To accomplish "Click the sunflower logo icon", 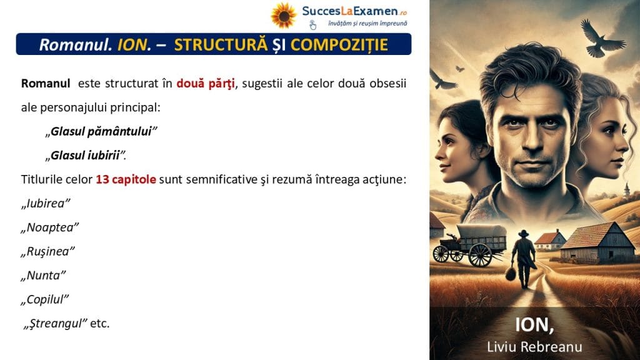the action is pos(284,16).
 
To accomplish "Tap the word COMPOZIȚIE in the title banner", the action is pos(339,44).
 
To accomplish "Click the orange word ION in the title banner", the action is pos(132,45).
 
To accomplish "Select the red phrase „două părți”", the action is pos(205,84).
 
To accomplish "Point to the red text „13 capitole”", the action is pos(126,179).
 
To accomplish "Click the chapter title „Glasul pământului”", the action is pos(101,131).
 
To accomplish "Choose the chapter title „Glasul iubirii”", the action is pos(86,156).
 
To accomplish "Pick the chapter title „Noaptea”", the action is pos(50,227).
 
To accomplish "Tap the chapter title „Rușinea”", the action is pos(47,251).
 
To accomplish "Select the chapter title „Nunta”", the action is pos(43,276).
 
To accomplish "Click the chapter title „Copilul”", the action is pos(45,299).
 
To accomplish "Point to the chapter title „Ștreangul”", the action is pos(56,323).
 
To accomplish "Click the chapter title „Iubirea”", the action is pos(46,203).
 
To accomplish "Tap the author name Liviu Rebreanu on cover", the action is pos(534,347).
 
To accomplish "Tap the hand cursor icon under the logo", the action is pos(312,25).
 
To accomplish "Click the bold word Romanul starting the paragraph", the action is pos(46,84).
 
